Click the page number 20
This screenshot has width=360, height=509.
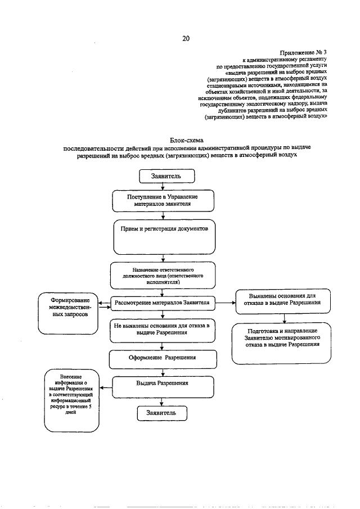(186, 39)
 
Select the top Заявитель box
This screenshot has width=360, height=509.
(166, 176)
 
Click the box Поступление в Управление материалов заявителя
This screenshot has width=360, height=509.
(163, 200)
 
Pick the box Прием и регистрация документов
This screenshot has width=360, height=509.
(164, 237)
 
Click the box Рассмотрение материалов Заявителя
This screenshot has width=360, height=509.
(162, 303)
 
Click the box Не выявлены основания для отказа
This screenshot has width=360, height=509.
(162, 330)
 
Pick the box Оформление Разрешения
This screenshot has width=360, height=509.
(162, 357)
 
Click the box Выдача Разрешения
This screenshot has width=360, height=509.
(162, 386)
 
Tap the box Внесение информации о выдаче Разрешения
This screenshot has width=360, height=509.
(71, 397)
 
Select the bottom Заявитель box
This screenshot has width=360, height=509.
(162, 413)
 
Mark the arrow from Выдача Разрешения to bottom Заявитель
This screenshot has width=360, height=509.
(162, 401)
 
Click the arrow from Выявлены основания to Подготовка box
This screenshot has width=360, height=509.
(285, 319)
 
